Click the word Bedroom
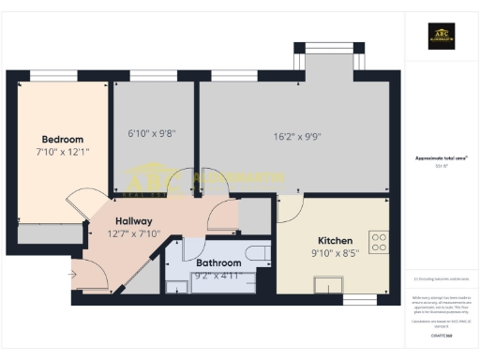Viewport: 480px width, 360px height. [62, 139]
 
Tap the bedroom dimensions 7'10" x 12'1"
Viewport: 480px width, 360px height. [62, 151]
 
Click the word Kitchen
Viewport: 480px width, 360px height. [335, 240]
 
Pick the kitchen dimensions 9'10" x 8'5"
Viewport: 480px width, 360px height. [335, 253]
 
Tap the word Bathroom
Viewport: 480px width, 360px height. [218, 263]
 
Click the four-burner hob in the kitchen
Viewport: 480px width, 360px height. [379, 243]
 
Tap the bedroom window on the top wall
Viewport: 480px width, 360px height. [53, 75]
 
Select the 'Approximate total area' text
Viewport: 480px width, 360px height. [442, 158]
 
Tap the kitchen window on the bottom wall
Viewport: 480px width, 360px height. [357, 299]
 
